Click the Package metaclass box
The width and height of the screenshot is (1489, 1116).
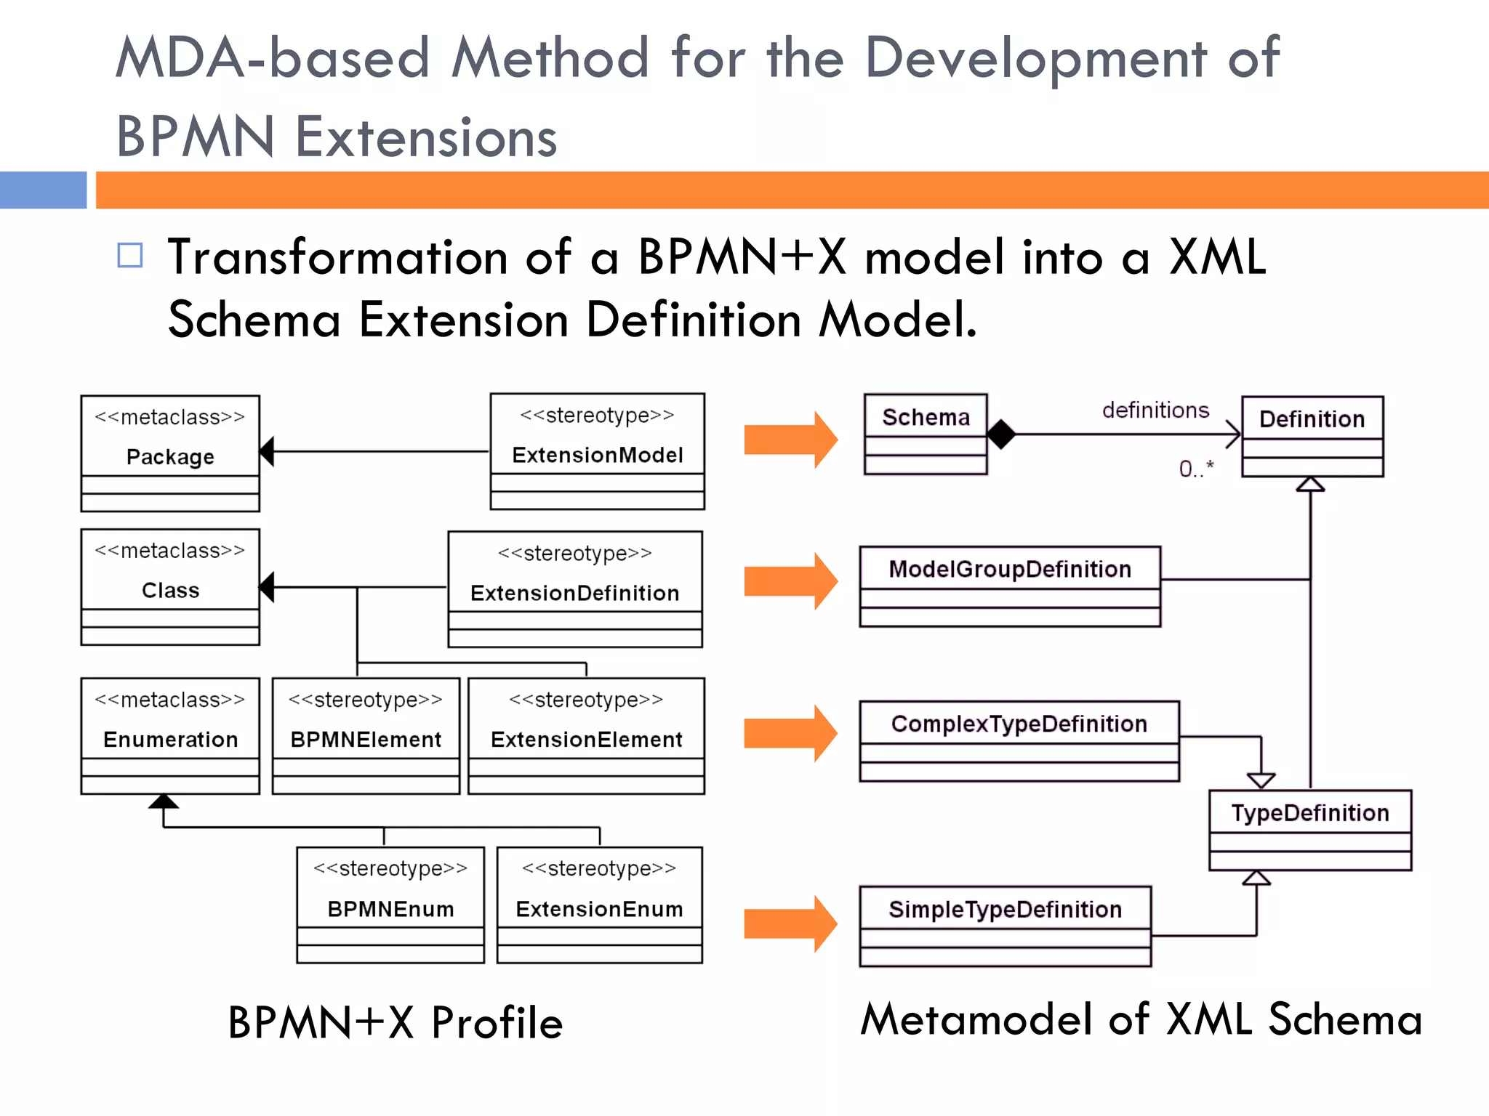pos(170,453)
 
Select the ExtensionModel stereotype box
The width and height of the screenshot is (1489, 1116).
pos(597,451)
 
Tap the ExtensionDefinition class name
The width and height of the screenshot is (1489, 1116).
pos(574,593)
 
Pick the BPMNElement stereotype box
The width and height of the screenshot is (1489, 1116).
pos(366,735)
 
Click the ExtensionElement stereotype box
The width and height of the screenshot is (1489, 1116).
pos(586,735)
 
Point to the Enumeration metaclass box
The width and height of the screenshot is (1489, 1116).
pos(170,735)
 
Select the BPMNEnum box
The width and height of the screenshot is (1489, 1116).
pos(390,905)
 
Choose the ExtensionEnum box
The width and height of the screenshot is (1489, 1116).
pos(599,905)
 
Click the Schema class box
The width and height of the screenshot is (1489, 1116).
pos(926,434)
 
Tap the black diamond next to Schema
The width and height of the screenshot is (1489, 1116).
pos(1001,434)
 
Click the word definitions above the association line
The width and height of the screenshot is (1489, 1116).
pos(1155,411)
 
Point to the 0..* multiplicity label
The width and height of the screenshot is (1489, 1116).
pos(1196,469)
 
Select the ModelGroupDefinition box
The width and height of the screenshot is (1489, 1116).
pos(1009,586)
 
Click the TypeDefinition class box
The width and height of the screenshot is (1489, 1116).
pos(1309,829)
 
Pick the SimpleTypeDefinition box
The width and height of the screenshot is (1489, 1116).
pos(1005,926)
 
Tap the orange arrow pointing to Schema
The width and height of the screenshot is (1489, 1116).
pos(790,440)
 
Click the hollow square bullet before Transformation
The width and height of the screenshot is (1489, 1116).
pos(130,255)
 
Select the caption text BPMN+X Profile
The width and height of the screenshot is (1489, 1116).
pos(395,1022)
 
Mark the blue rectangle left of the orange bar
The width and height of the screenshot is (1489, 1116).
pos(43,190)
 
